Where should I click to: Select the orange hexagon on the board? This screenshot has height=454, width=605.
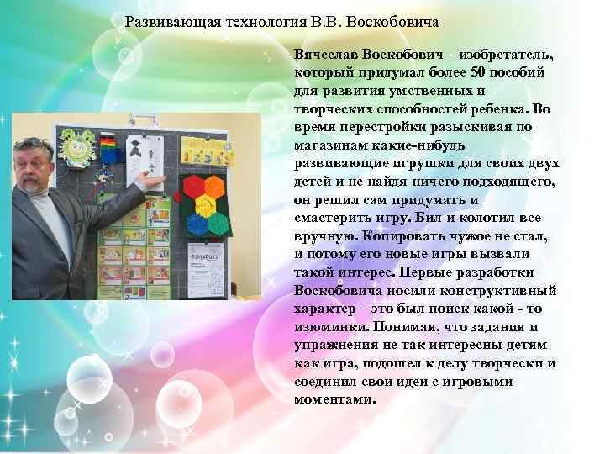(215, 187)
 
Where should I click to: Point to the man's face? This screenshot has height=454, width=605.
(39, 167)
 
